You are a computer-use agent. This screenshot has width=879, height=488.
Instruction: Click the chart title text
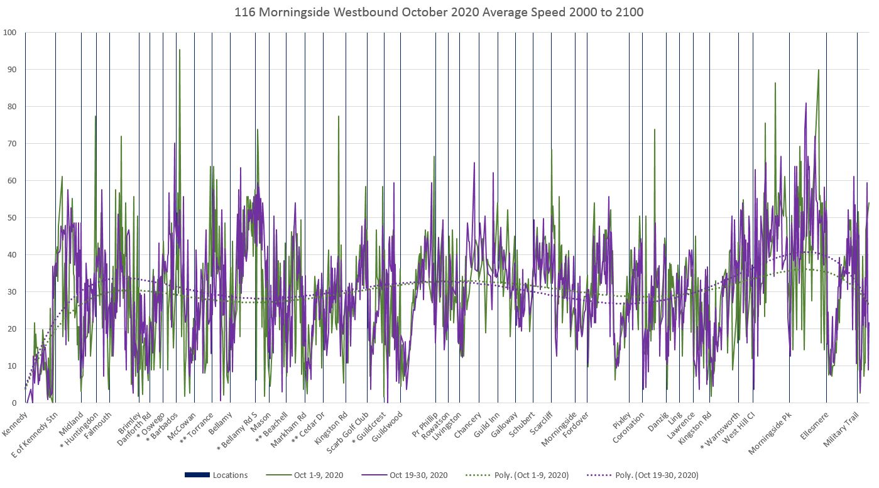439,12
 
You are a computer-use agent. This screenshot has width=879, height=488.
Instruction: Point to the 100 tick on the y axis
9,32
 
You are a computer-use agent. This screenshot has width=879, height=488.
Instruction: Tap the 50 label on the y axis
11,217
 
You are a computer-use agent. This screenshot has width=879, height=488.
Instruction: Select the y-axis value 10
11,366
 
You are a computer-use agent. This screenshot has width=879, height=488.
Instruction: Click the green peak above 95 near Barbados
180,50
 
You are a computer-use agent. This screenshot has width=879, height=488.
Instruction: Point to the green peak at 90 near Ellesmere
818,70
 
